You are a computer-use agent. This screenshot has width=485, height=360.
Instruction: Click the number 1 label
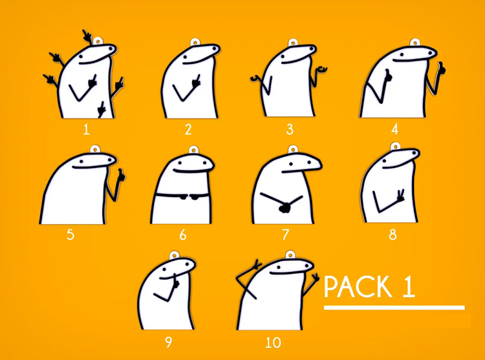tap(86, 129)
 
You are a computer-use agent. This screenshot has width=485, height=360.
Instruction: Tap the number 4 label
tap(394, 129)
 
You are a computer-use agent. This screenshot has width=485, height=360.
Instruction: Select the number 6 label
tap(183, 235)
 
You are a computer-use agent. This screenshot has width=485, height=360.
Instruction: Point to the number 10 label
tap(273, 343)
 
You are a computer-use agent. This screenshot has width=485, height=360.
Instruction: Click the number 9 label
tap(168, 343)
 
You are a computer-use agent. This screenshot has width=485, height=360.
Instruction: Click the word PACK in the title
tap(356, 287)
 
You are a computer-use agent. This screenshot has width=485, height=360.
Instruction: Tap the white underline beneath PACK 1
tap(394, 308)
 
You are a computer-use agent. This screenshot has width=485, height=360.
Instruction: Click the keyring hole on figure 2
tap(195, 43)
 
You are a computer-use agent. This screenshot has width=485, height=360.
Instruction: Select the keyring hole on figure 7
tap(292, 150)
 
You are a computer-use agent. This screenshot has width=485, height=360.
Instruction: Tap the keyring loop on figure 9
tap(174, 255)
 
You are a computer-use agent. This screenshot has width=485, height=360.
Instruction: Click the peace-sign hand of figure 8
tap(401, 196)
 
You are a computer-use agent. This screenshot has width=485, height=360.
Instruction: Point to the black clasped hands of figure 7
tap(285, 207)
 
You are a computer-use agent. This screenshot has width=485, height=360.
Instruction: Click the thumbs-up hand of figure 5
tap(121, 176)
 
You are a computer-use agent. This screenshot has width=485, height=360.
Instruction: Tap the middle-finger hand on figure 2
tap(196, 81)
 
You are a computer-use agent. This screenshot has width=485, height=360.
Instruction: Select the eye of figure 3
tap(283, 56)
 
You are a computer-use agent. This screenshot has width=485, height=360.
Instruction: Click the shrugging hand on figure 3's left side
tap(256, 78)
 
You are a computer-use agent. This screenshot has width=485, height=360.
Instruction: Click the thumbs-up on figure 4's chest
tap(387, 76)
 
